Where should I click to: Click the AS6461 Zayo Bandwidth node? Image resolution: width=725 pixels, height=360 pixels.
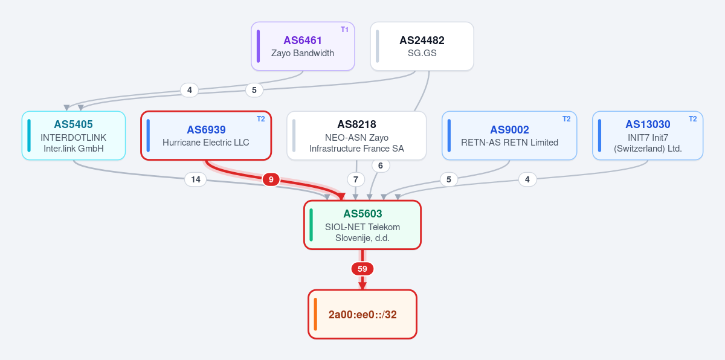(303, 47)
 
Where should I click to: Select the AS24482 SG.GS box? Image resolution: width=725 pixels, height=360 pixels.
(422, 47)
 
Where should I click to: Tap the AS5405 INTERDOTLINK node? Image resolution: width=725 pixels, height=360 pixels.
(74, 135)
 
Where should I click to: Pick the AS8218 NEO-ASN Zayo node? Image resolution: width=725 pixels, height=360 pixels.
(356, 135)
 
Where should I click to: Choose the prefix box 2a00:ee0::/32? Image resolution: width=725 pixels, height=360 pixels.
(362, 314)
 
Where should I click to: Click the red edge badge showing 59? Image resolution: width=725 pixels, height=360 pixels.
(362, 269)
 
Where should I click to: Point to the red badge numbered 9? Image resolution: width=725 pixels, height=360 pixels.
(271, 179)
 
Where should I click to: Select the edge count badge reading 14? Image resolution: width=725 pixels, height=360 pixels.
(196, 179)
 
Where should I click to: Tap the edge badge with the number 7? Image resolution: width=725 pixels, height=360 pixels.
(356, 179)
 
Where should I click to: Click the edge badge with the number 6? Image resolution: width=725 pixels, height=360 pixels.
(381, 166)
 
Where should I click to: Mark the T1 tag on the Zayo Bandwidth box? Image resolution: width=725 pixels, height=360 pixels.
(344, 30)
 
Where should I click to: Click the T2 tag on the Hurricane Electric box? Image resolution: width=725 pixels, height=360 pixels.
(261, 119)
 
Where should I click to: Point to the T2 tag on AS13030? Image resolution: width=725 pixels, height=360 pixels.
(692, 119)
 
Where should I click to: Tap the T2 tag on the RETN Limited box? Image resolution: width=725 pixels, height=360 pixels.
(567, 119)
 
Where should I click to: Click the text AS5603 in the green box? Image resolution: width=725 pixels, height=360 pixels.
(362, 214)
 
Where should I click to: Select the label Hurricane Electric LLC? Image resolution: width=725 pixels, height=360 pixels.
(206, 143)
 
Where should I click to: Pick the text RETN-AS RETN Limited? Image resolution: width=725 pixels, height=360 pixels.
(509, 143)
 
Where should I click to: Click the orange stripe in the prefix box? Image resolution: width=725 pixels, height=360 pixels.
(315, 314)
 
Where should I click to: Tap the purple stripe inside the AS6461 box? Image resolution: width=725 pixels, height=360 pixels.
(259, 47)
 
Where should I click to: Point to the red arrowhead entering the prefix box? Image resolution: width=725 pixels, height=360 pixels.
(362, 286)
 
